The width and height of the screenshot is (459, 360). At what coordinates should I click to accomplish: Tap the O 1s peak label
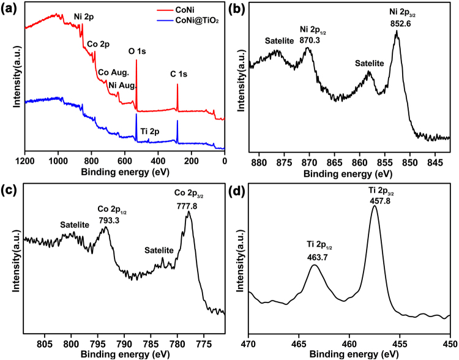(136, 51)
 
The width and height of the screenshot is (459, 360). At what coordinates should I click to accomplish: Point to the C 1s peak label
(181, 75)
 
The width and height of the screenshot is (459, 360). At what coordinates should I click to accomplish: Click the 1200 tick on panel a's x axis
(25, 162)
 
